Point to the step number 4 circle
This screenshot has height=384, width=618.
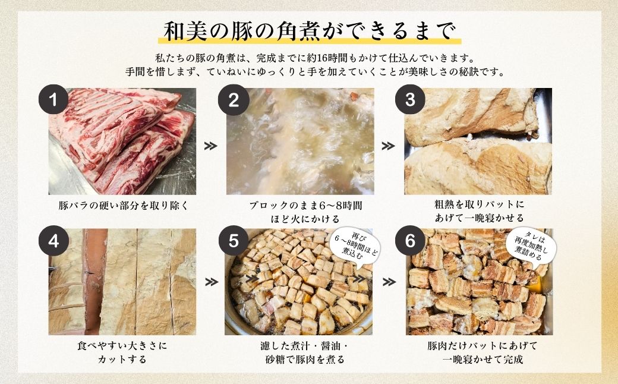[x=53, y=241]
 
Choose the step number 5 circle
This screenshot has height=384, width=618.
[x=234, y=241]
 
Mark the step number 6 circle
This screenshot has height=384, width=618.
[x=409, y=241]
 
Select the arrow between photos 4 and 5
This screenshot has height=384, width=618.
[x=210, y=282]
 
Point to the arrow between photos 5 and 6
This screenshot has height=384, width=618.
[x=387, y=282]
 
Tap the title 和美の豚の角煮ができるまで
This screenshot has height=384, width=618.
[x=309, y=30]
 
